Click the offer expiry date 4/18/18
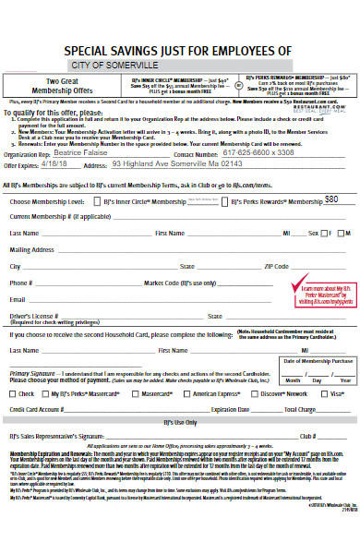(54, 166)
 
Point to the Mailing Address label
(31, 249)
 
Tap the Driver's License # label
(34, 316)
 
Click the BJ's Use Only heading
(180, 422)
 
